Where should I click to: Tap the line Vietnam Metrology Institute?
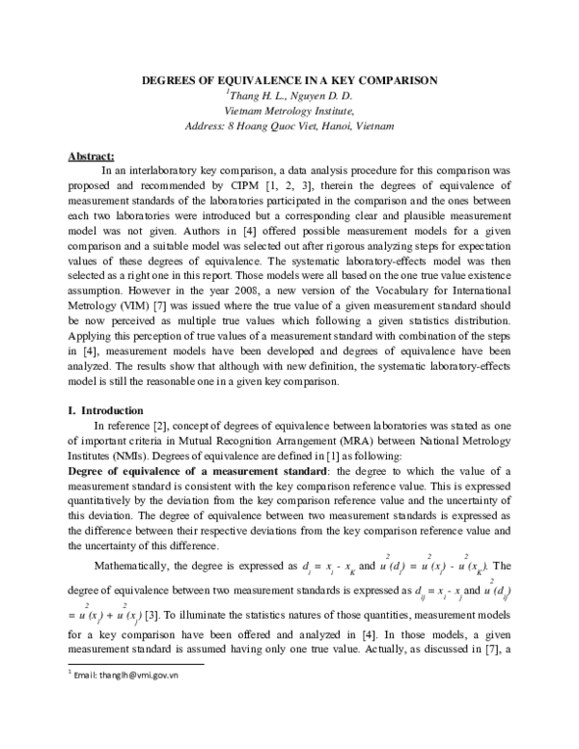coord(290,111)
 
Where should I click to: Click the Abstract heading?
coord(92,155)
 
